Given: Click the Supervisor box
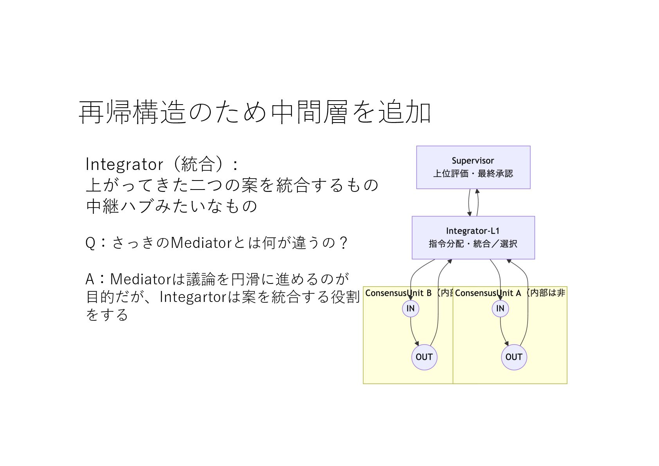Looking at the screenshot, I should [473, 167].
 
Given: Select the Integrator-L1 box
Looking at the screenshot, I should [473, 237].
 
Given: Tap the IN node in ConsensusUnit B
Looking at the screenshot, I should [411, 308].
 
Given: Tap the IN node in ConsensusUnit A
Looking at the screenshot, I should [500, 308].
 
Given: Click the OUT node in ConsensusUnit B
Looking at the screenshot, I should [424, 357].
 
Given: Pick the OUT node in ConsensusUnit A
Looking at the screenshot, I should [513, 357].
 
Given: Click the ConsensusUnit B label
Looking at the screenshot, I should [398, 293].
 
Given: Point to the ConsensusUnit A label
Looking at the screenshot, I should [488, 293].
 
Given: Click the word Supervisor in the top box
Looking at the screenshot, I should [473, 161].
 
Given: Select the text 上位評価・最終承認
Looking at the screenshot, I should [473, 173].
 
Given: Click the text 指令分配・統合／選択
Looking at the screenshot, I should [473, 244].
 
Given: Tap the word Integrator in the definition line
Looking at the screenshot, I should [124, 164].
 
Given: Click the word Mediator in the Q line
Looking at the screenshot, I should [202, 243].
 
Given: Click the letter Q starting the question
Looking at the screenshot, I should [90, 243].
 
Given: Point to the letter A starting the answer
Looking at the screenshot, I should [90, 279].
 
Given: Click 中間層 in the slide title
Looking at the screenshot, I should [309, 112].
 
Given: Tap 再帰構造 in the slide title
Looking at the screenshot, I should [131, 112].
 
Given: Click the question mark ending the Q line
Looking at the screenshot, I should [343, 243].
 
